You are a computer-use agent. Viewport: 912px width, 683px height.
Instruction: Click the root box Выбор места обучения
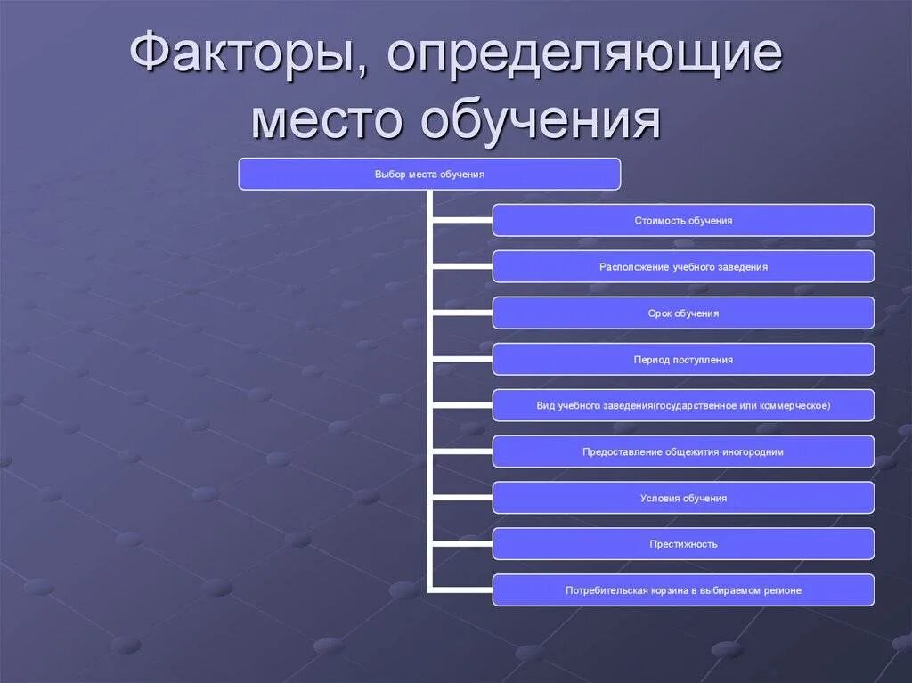(x=429, y=175)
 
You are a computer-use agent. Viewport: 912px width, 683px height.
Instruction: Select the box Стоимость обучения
(x=683, y=220)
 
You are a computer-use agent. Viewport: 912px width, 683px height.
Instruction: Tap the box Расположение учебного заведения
(x=683, y=266)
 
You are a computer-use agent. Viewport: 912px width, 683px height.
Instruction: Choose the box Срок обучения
(x=683, y=313)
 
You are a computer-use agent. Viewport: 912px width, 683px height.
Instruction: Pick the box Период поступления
(x=683, y=359)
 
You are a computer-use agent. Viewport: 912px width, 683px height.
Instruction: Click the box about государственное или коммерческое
(x=683, y=405)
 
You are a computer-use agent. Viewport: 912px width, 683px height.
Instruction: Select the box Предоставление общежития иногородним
(x=683, y=451)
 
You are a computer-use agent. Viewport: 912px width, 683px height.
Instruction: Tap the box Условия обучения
(x=683, y=498)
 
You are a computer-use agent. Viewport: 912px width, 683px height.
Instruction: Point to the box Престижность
(x=683, y=544)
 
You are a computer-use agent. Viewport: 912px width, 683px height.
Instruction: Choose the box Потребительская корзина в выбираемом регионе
(x=683, y=590)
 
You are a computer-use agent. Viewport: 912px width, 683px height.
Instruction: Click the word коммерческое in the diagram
(x=796, y=405)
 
